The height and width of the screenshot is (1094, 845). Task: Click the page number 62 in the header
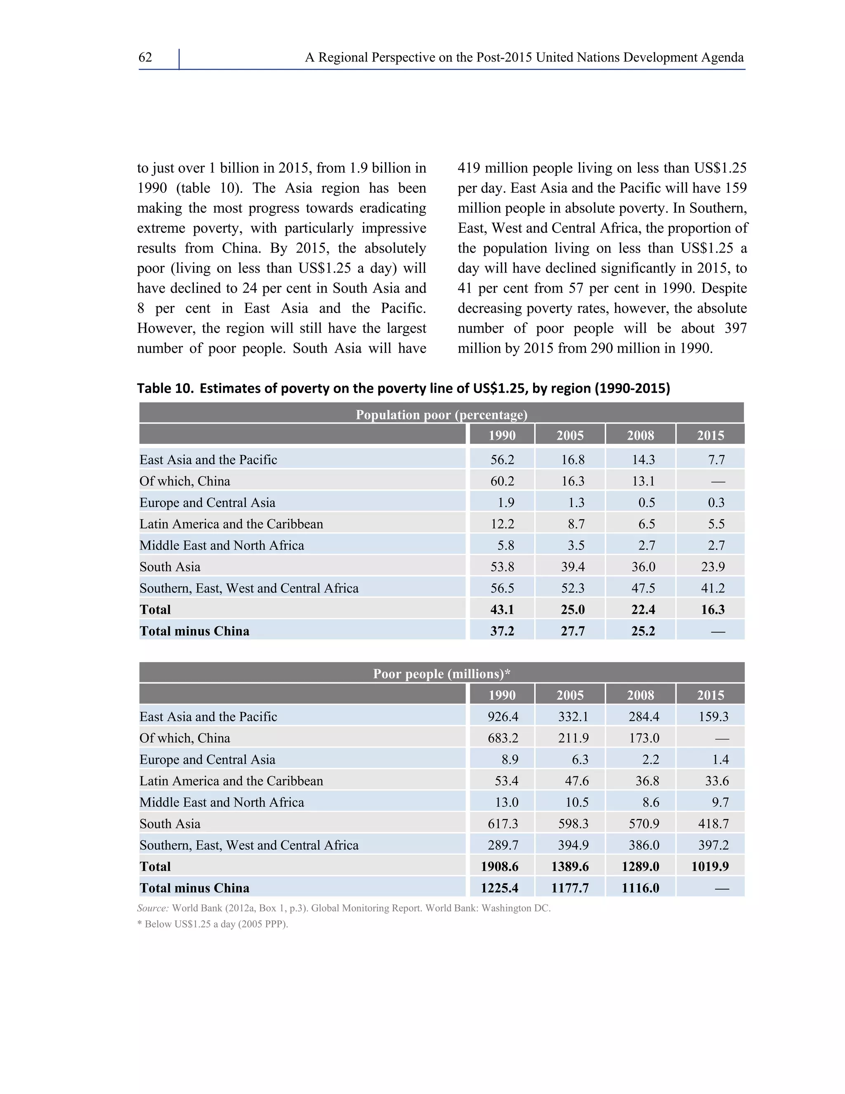click(x=145, y=58)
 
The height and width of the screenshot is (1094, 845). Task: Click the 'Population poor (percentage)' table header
click(x=441, y=415)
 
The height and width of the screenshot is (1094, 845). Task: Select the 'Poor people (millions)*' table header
click(x=441, y=674)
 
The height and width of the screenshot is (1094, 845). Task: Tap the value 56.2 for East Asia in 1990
click(x=502, y=460)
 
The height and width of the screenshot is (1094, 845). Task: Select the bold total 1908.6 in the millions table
click(x=500, y=867)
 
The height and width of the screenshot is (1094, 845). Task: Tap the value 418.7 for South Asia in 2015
click(x=713, y=824)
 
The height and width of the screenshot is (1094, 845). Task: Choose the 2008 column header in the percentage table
click(x=640, y=435)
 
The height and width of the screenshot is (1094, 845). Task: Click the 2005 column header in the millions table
click(x=570, y=695)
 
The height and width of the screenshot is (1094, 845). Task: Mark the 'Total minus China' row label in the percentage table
click(x=194, y=631)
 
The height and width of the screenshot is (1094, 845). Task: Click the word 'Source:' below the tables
click(x=153, y=908)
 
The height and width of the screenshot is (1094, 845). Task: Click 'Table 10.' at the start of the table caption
click(x=165, y=388)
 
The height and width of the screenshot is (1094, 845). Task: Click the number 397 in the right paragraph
click(x=735, y=329)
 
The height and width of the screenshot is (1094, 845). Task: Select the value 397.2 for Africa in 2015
click(x=713, y=845)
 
